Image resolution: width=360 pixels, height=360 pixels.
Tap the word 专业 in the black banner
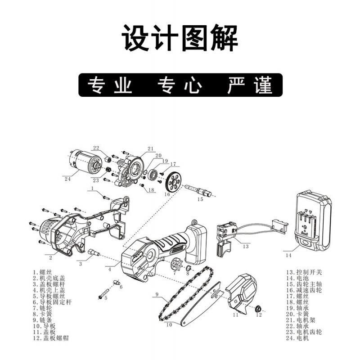[110, 85]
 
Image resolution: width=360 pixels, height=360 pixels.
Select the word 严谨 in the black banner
[250, 85]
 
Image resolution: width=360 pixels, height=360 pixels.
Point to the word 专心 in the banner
[180, 85]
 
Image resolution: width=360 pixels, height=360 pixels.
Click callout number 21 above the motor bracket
[150, 148]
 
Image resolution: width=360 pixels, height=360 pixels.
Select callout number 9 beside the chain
[157, 295]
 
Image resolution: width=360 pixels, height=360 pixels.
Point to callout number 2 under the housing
[50, 258]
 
